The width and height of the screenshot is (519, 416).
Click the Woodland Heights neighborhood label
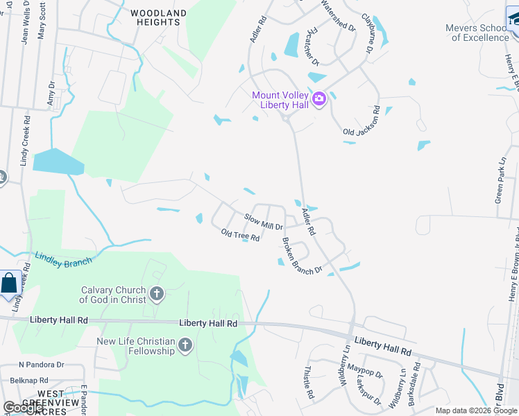pyautogui.click(x=158, y=17)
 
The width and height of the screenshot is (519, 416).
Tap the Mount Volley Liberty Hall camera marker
pyautogui.click(x=318, y=98)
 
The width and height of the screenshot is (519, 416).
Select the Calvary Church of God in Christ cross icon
pyautogui.click(x=157, y=294)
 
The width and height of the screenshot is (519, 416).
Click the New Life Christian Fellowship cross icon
pyautogui.click(x=185, y=345)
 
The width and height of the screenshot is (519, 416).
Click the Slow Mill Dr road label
pyautogui.click(x=263, y=222)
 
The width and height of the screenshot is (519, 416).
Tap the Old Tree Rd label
pyautogui.click(x=240, y=236)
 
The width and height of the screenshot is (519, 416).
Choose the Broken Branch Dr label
pyautogui.click(x=302, y=256)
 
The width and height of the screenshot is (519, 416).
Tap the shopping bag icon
pyautogui.click(x=10, y=284)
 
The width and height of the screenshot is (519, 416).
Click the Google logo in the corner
pyautogui.click(x=24, y=408)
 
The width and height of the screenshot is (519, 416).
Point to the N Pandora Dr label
pyautogui.click(x=41, y=364)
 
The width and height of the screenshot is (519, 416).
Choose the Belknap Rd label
pyautogui.click(x=24, y=381)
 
